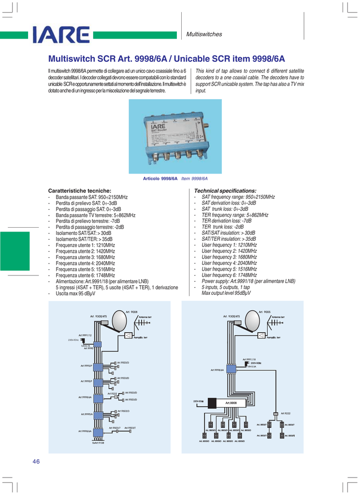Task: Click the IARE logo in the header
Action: pyautogui.click(x=61, y=35)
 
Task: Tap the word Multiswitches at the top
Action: pyautogui.click(x=204, y=34)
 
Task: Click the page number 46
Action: pyautogui.click(x=36, y=461)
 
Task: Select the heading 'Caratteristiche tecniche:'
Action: pyautogui.click(x=80, y=191)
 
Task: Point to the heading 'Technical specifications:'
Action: pyautogui.click(x=225, y=191)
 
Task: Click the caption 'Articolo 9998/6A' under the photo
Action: pyautogui.click(x=160, y=178)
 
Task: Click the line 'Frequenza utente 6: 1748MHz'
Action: pyautogui.click(x=85, y=275)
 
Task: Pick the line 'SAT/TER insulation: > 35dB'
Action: pyautogui.click(x=229, y=239)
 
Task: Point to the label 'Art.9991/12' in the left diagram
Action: pyautogui.click(x=85, y=335)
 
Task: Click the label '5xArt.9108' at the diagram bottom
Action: pyautogui.click(x=98, y=443)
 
